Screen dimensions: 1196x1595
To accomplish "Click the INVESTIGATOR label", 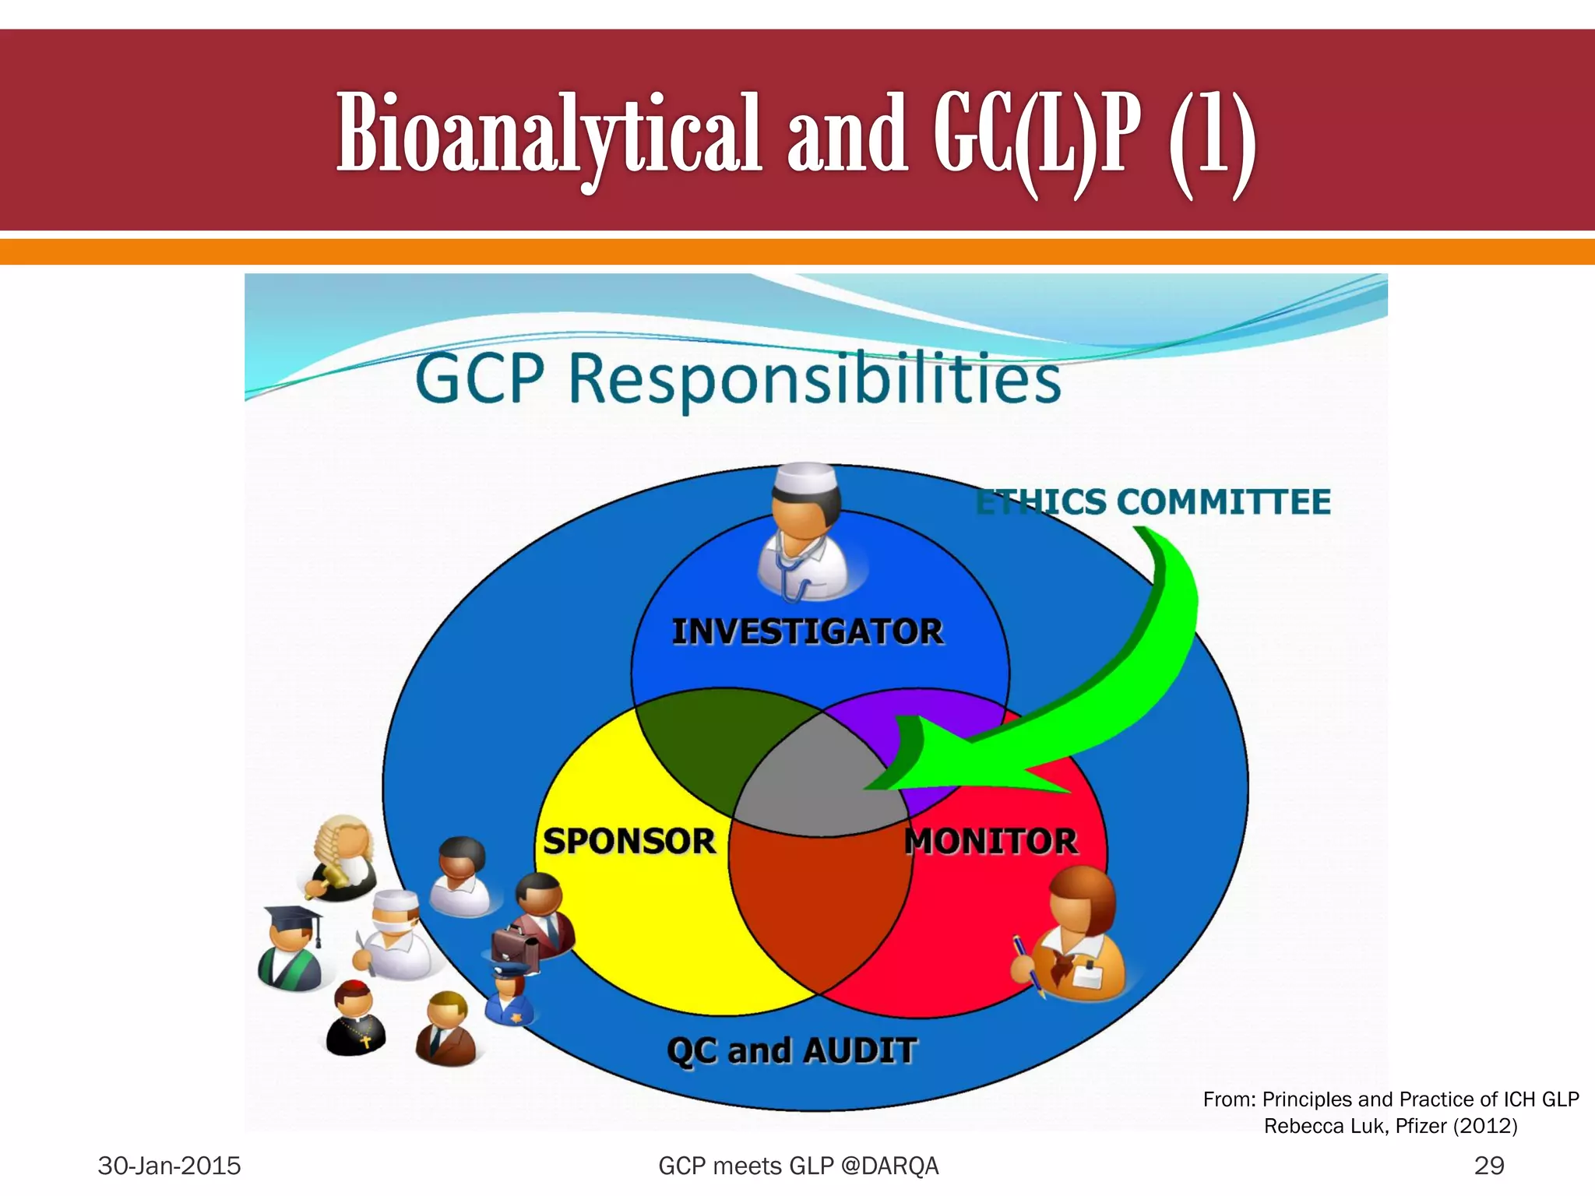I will [808, 631].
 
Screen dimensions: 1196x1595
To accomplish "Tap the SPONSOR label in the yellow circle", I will [629, 842].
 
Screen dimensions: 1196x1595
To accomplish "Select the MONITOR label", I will [991, 842].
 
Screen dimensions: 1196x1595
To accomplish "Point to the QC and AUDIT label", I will [791, 1051].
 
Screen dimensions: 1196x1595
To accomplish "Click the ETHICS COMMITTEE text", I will [1153, 502].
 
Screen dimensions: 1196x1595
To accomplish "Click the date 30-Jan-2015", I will [169, 1166].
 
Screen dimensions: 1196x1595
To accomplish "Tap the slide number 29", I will [1488, 1166].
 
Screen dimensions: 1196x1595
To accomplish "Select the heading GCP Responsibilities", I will [738, 379].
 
